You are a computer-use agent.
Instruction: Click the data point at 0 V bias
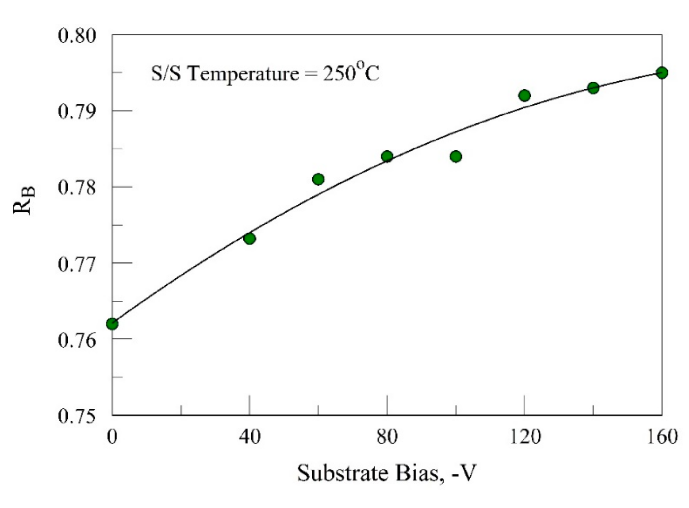(x=112, y=324)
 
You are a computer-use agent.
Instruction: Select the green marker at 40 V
(x=250, y=239)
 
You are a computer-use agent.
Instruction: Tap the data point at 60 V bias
(x=318, y=179)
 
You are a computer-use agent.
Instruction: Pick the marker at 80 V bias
(x=387, y=157)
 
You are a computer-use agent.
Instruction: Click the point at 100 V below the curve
(x=456, y=157)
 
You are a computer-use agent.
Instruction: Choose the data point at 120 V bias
(x=524, y=95)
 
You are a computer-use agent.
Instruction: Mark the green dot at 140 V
(x=593, y=88)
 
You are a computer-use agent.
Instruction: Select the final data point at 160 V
(x=662, y=72)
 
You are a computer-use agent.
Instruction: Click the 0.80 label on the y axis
(x=77, y=36)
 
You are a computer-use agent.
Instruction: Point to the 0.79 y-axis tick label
(x=77, y=111)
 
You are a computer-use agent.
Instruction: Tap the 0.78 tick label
(x=77, y=187)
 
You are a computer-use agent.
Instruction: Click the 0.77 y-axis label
(x=77, y=264)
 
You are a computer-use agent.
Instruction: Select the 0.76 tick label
(x=77, y=340)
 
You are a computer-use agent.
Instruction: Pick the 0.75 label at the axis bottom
(x=77, y=416)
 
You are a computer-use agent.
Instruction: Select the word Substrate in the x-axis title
(x=343, y=473)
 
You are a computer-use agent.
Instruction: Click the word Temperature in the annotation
(x=243, y=74)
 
